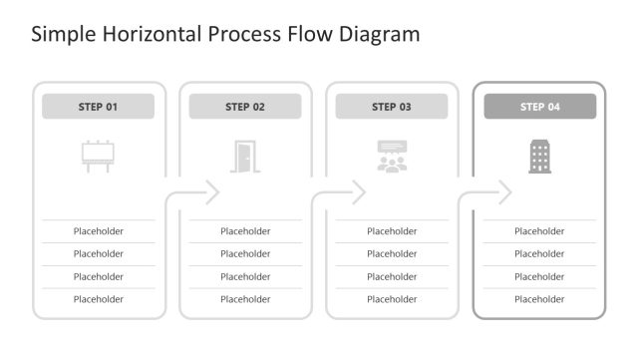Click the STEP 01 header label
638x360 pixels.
(x=98, y=107)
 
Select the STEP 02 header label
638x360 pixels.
(x=245, y=107)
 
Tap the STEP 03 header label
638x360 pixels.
(x=392, y=107)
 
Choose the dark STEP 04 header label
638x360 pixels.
(x=539, y=107)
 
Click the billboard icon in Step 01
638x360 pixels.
(x=98, y=156)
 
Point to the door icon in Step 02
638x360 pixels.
(x=244, y=156)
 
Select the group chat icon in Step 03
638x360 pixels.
(x=392, y=157)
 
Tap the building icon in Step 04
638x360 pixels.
(x=539, y=156)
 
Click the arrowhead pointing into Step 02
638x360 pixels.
(x=212, y=192)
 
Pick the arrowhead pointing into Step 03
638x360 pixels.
(x=359, y=192)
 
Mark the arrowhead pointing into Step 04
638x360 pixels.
(x=505, y=192)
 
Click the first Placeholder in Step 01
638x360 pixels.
(x=98, y=231)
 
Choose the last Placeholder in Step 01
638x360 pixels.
(x=98, y=299)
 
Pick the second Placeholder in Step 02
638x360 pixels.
(x=245, y=254)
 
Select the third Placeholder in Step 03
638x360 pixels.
(x=392, y=276)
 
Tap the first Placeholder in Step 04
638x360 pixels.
(x=539, y=231)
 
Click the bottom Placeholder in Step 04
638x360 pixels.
(x=539, y=299)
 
